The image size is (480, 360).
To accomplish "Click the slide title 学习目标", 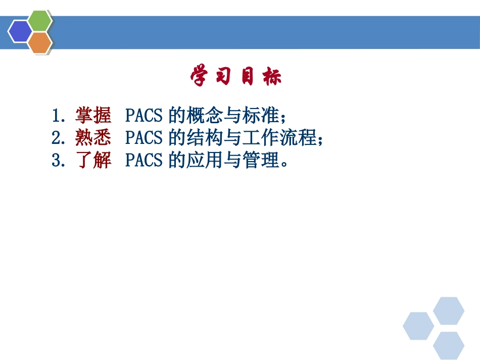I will tap(236, 77).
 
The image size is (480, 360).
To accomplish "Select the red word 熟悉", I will tap(93, 138).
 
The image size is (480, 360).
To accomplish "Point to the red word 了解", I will tap(93, 161).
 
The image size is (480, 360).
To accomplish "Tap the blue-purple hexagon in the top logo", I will tap(20, 31).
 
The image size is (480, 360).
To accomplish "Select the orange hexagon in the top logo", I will tap(39, 42).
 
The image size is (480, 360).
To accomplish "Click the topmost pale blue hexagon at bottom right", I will tap(449, 311).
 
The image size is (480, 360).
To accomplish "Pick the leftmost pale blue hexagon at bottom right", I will tap(418, 326).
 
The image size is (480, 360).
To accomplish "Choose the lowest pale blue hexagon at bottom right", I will tap(449, 345).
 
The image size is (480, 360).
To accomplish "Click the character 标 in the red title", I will tap(273, 77).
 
